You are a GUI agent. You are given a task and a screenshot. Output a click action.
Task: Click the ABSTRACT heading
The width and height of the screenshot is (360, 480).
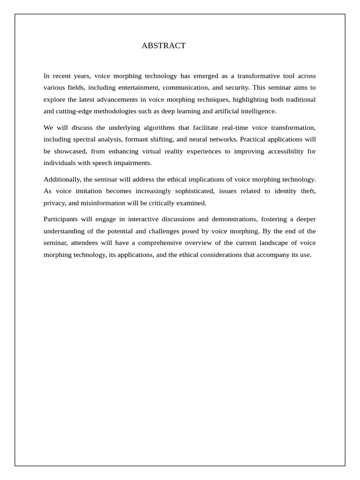point(164,45)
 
